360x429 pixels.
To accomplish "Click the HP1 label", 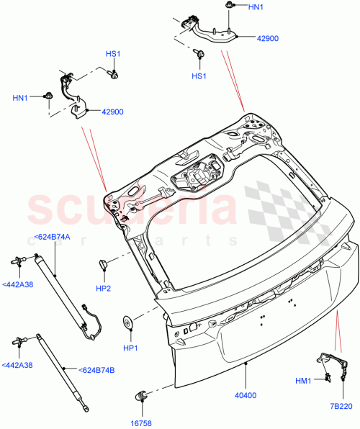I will (130, 348).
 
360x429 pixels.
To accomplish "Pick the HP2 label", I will (104, 289).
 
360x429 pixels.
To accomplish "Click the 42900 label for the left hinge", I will (113, 112).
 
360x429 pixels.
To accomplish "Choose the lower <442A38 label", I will (17, 365).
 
